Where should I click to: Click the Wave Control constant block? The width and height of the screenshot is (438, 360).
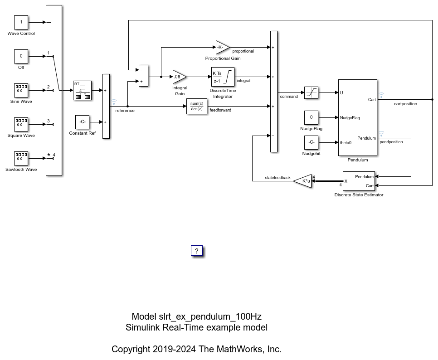(21, 22)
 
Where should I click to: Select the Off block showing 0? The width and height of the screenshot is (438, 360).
(21, 56)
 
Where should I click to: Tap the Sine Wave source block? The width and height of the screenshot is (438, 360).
(21, 90)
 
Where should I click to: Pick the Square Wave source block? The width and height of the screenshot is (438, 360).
(21, 124)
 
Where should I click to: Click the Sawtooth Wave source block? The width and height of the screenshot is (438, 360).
(21, 158)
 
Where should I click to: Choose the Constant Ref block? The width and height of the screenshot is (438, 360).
(82, 122)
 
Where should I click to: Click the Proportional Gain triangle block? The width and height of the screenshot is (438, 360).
(222, 47)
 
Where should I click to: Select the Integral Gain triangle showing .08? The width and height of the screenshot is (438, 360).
(179, 77)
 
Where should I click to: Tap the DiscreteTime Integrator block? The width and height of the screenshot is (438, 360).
(223, 77)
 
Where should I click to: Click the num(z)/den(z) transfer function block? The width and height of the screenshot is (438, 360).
(197, 106)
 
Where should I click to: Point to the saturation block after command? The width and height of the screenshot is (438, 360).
(311, 92)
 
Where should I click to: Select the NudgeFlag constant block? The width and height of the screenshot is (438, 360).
(311, 117)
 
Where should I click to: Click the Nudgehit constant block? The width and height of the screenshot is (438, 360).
(311, 142)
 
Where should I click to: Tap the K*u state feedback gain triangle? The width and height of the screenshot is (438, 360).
(303, 181)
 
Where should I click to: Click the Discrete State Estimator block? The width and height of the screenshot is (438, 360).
(359, 181)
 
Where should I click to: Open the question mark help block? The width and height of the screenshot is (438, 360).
(197, 251)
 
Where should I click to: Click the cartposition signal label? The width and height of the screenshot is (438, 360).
(405, 104)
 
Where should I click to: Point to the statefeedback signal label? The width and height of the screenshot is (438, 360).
(277, 178)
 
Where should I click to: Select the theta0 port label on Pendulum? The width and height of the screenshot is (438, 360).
(346, 142)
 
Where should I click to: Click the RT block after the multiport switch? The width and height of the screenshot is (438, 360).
(82, 90)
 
